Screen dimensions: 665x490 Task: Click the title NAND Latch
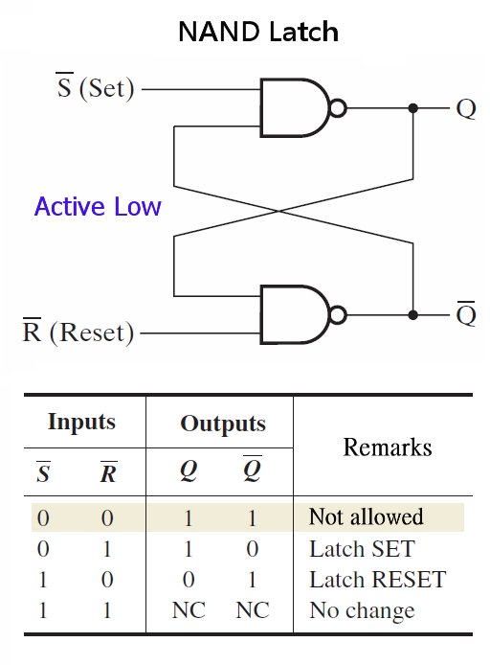click(x=258, y=32)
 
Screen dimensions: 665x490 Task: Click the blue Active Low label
click(x=98, y=207)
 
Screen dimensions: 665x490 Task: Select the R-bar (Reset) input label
click(x=78, y=332)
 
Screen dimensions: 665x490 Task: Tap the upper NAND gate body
click(x=292, y=107)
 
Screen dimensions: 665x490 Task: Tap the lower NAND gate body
click(x=292, y=314)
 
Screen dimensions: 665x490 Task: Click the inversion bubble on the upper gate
click(x=337, y=107)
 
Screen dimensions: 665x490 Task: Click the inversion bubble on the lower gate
click(x=337, y=314)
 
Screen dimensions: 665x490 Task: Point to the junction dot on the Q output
click(x=412, y=107)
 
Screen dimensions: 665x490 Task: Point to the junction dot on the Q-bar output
click(x=412, y=314)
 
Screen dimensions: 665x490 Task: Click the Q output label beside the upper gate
click(x=465, y=108)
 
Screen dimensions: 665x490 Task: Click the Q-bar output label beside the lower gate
click(x=465, y=313)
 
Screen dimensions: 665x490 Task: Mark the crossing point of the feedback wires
click(x=293, y=211)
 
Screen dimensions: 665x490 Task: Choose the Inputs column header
click(x=81, y=422)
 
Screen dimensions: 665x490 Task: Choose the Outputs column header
click(x=223, y=424)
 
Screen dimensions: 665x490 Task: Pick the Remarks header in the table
click(x=388, y=447)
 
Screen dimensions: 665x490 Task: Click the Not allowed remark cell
click(x=366, y=517)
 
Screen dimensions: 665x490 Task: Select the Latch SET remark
click(x=361, y=549)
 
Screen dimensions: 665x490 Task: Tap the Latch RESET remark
click(x=377, y=580)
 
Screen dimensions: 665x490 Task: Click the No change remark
click(x=362, y=610)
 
